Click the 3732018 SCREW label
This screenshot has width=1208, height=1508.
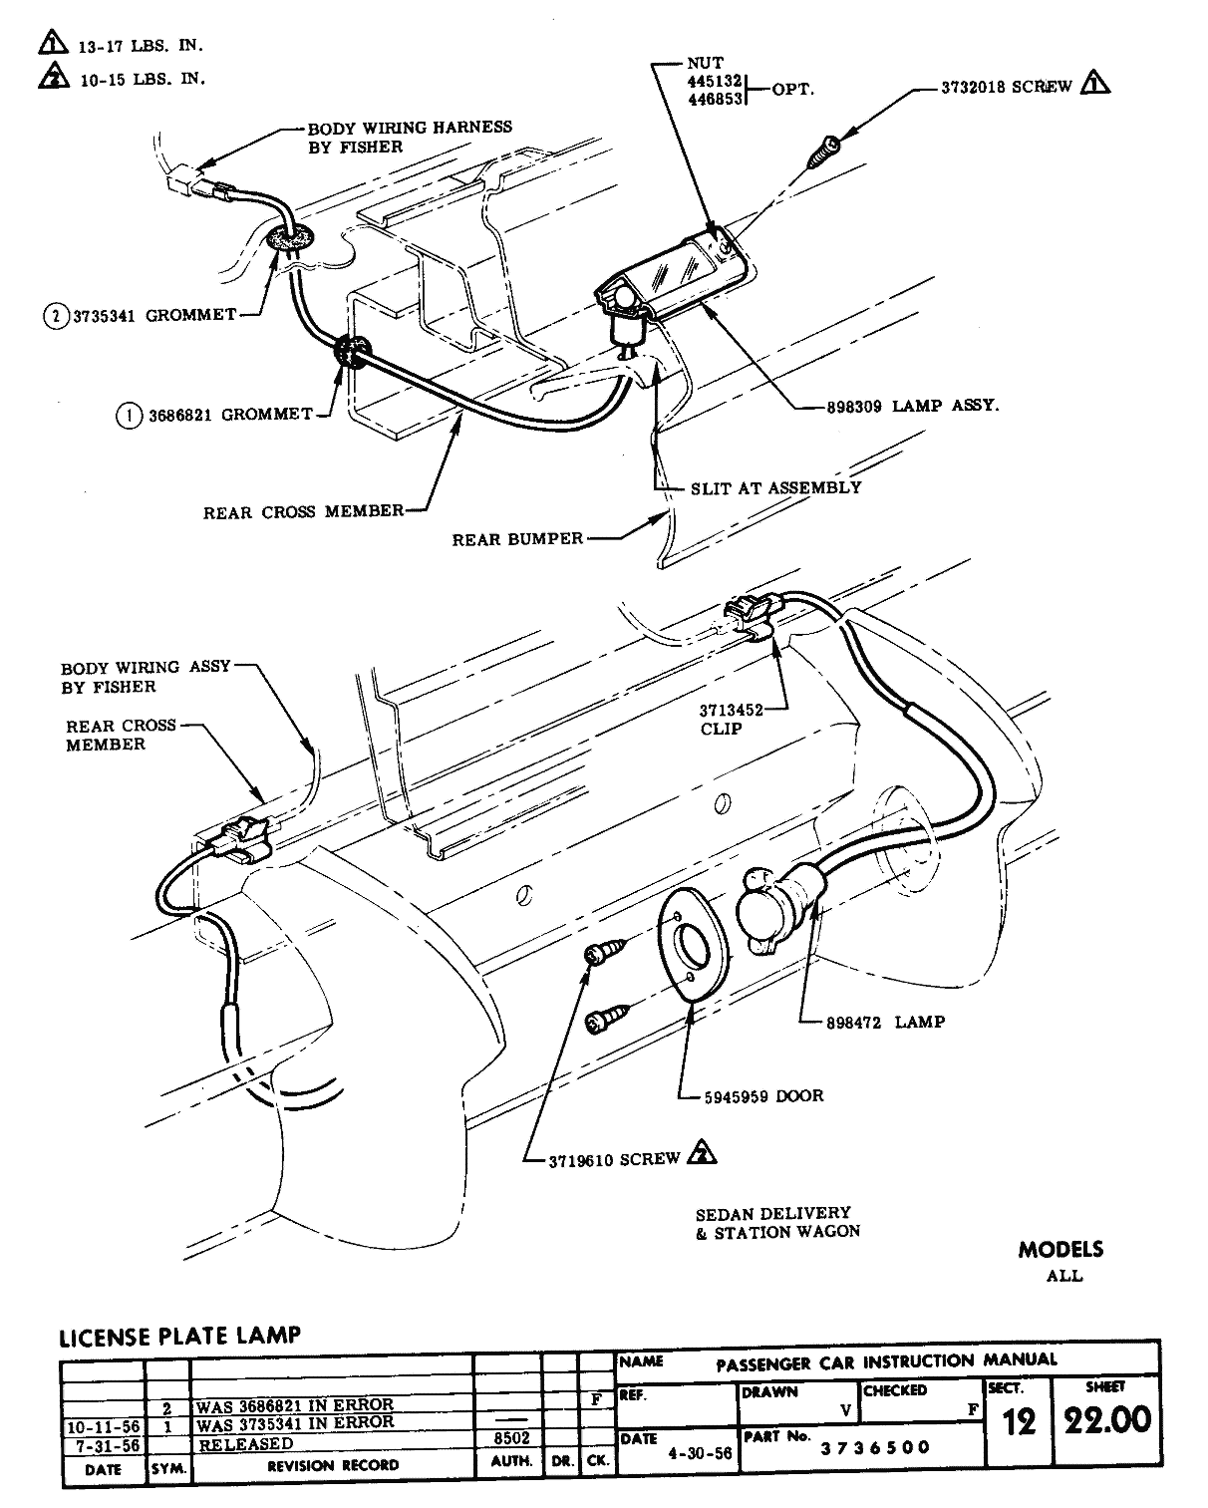click(1006, 87)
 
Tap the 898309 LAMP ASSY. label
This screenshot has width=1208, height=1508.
click(912, 406)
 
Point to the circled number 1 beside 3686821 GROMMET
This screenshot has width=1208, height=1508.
click(128, 415)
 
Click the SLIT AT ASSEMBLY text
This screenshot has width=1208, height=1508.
click(775, 487)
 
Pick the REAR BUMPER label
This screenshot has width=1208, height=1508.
click(517, 538)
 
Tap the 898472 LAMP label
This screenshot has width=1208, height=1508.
click(885, 1022)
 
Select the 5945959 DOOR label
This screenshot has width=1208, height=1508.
click(757, 1095)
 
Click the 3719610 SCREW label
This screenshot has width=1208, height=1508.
click(615, 1159)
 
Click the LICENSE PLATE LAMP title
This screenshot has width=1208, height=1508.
click(179, 1335)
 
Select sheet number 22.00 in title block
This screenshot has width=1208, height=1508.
click(1106, 1420)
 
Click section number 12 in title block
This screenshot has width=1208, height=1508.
click(1019, 1422)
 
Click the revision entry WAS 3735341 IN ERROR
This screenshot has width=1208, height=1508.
click(295, 1422)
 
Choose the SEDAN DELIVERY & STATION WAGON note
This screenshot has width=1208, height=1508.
click(776, 1222)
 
